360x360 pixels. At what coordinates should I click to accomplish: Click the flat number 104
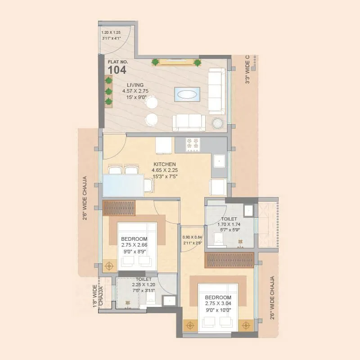pyautogui.click(x=117, y=70)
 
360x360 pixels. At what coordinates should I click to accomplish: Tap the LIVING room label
pyautogui.click(x=135, y=85)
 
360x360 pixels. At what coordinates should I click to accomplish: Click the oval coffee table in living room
pyautogui.click(x=187, y=94)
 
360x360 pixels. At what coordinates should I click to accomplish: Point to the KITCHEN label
pyautogui.click(x=164, y=164)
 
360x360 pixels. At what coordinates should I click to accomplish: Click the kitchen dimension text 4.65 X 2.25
pyautogui.click(x=165, y=170)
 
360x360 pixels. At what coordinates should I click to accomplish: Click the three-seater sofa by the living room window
pyautogui.click(x=217, y=91)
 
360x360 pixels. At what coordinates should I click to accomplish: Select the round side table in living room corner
pyautogui.click(x=218, y=123)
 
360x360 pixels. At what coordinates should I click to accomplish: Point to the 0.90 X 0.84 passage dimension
pyautogui.click(x=192, y=237)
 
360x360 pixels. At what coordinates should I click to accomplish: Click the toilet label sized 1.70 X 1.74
pyautogui.click(x=229, y=219)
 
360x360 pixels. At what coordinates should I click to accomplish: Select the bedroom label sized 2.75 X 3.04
pyautogui.click(x=218, y=298)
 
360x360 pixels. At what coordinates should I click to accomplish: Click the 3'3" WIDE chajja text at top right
pyautogui.click(x=247, y=70)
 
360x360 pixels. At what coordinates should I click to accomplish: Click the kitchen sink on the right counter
pyautogui.click(x=219, y=160)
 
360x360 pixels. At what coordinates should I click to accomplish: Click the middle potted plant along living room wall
pyautogui.click(x=108, y=91)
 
